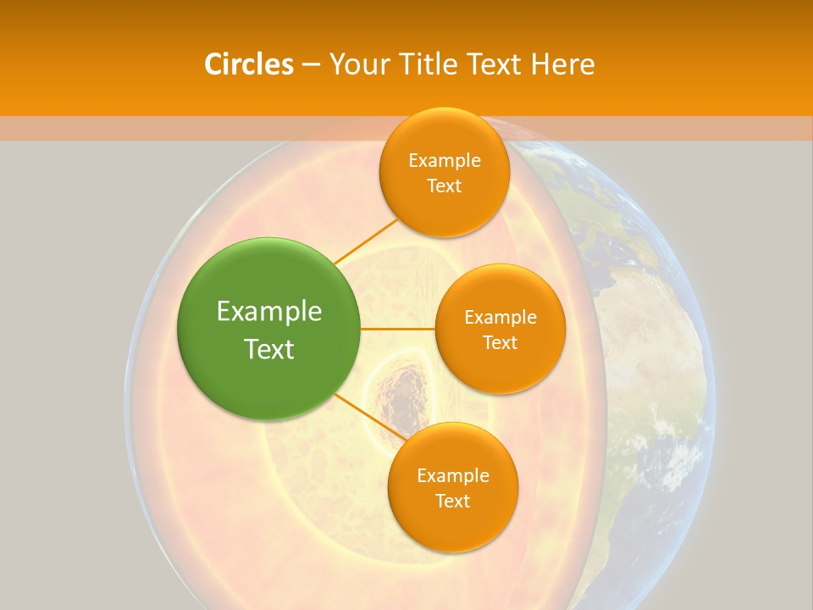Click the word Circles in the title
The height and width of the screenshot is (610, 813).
(248, 64)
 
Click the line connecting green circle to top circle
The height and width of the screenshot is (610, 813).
(366, 241)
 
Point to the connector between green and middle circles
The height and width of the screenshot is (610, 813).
(398, 329)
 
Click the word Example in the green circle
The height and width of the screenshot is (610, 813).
(269, 312)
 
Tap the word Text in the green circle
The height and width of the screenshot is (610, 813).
(269, 349)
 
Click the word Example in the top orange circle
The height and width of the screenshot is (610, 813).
(444, 161)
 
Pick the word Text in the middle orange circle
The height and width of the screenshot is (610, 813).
(500, 342)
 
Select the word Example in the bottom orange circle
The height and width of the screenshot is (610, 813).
(452, 475)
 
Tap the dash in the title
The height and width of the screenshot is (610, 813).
(310, 64)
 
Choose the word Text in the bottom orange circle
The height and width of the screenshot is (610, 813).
(452, 501)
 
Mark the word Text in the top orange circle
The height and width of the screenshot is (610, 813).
(444, 186)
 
